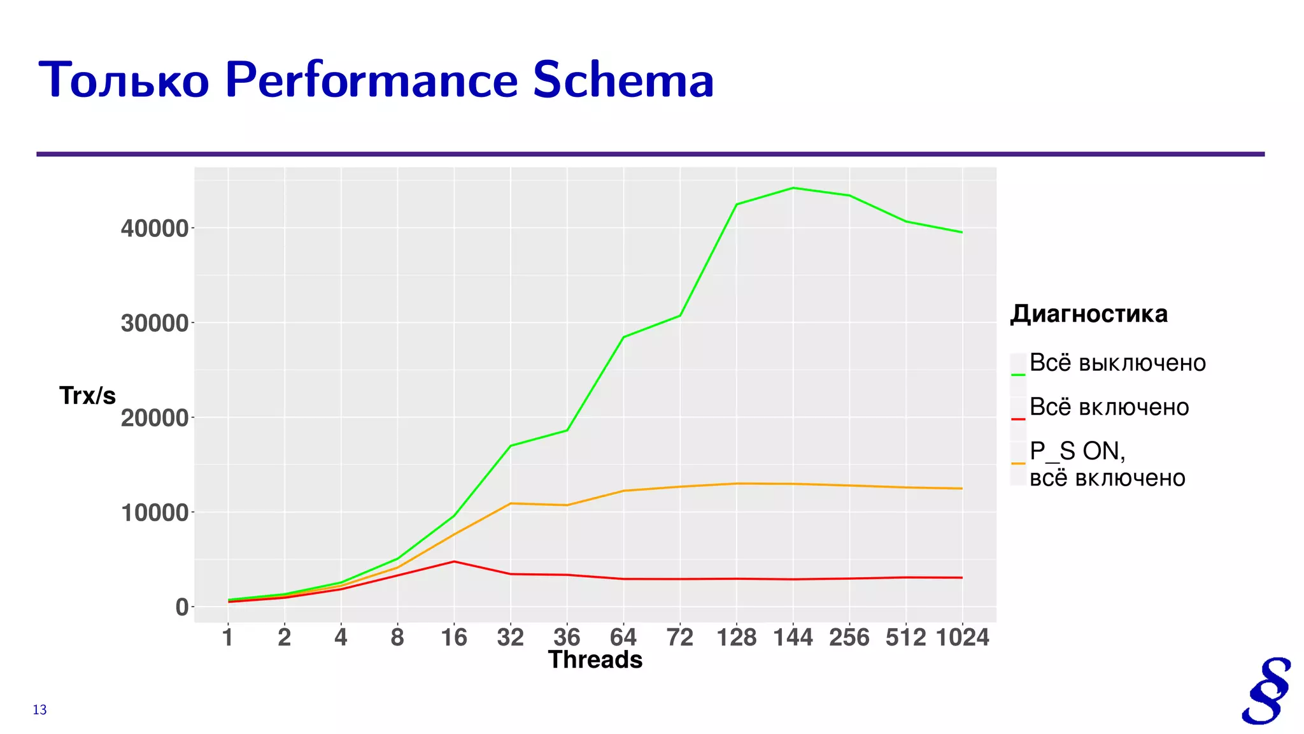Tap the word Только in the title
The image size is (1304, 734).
pos(124,81)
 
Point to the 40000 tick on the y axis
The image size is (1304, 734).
pos(155,228)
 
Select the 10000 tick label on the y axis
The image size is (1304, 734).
pos(155,512)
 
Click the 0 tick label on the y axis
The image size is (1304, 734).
pos(182,607)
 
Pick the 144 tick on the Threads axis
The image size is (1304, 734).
pos(793,637)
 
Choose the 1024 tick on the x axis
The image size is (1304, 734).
pos(962,637)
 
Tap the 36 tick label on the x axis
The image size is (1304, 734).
pos(567,637)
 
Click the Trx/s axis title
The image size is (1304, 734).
pos(87,396)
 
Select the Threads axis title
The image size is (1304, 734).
pos(595,660)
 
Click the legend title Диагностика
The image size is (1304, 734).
pos(1089,314)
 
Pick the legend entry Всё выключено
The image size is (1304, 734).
pos(1117,363)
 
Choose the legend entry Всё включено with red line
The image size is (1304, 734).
pos(1109,407)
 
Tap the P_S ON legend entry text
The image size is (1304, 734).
pos(1077,451)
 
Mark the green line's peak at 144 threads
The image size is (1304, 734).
pos(793,188)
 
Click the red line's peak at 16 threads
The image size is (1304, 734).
pos(454,561)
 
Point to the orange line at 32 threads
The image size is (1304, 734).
pos(511,503)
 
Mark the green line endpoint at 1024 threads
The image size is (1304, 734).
pos(962,233)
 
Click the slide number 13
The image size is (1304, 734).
pos(39,710)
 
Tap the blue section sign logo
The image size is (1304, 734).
pos(1266,691)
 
